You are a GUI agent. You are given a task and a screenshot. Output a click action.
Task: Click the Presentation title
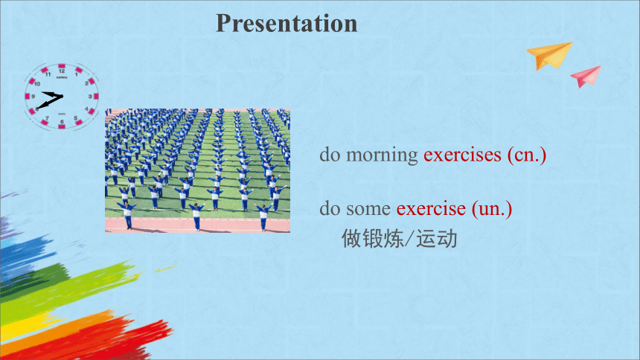(x=287, y=24)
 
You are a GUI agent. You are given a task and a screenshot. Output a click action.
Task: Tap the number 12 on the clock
(x=62, y=71)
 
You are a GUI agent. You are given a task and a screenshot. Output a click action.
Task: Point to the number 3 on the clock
(x=90, y=97)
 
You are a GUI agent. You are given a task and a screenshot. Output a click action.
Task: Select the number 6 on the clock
(x=62, y=122)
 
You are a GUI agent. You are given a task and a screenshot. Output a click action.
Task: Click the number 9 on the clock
(x=33, y=97)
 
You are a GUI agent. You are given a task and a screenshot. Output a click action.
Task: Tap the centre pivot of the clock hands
(x=61, y=97)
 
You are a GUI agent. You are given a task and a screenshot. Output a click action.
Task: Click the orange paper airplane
(x=549, y=55)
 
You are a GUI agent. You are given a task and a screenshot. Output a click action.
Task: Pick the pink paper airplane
(x=586, y=77)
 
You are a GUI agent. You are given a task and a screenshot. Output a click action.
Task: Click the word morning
(x=382, y=155)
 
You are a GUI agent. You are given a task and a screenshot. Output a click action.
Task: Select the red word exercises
(x=462, y=155)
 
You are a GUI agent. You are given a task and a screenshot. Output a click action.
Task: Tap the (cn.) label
(x=527, y=155)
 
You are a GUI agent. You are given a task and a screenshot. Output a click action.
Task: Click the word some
(x=368, y=209)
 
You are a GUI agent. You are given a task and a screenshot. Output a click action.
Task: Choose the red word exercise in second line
(x=431, y=208)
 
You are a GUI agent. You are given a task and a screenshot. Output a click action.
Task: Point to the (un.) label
(x=492, y=209)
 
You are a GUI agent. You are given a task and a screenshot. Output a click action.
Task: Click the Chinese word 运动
(x=437, y=239)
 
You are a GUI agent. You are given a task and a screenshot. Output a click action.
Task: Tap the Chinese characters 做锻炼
(x=372, y=239)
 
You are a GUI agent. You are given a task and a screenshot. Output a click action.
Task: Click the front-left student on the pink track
(x=128, y=214)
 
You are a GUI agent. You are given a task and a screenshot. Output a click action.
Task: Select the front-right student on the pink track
(x=263, y=216)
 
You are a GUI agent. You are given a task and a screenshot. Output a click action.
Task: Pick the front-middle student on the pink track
(x=196, y=216)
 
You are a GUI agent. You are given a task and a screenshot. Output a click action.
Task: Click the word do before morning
(x=330, y=155)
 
